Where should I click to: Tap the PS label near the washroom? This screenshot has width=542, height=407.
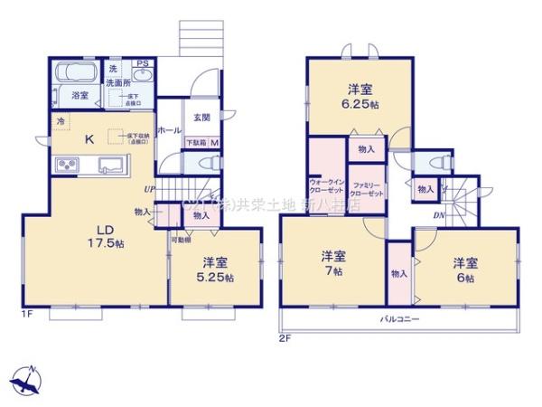142,63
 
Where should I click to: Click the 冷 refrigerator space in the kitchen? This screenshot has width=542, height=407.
61,119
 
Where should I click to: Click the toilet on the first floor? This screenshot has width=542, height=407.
206,163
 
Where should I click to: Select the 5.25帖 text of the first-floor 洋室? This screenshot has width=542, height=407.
216,278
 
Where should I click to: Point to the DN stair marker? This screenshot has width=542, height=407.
438,215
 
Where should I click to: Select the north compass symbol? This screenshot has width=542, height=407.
29,378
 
